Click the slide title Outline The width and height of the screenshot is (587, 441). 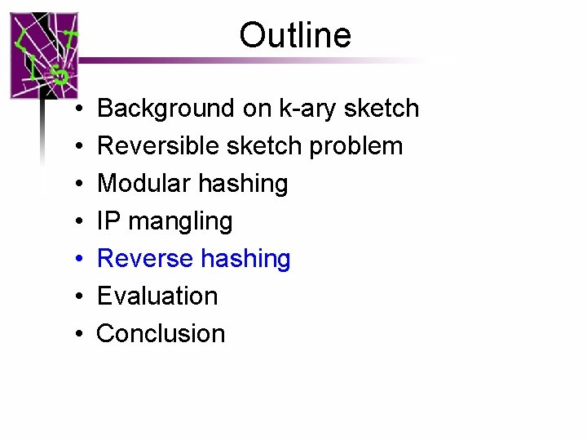(295, 35)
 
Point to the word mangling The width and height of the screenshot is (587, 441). (179, 222)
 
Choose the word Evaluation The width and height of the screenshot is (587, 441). (157, 296)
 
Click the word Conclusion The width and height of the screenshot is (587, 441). (161, 333)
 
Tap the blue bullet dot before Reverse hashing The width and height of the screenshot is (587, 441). (73, 260)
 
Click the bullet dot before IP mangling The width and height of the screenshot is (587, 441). (73, 222)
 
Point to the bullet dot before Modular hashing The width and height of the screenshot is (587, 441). (73, 185)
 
